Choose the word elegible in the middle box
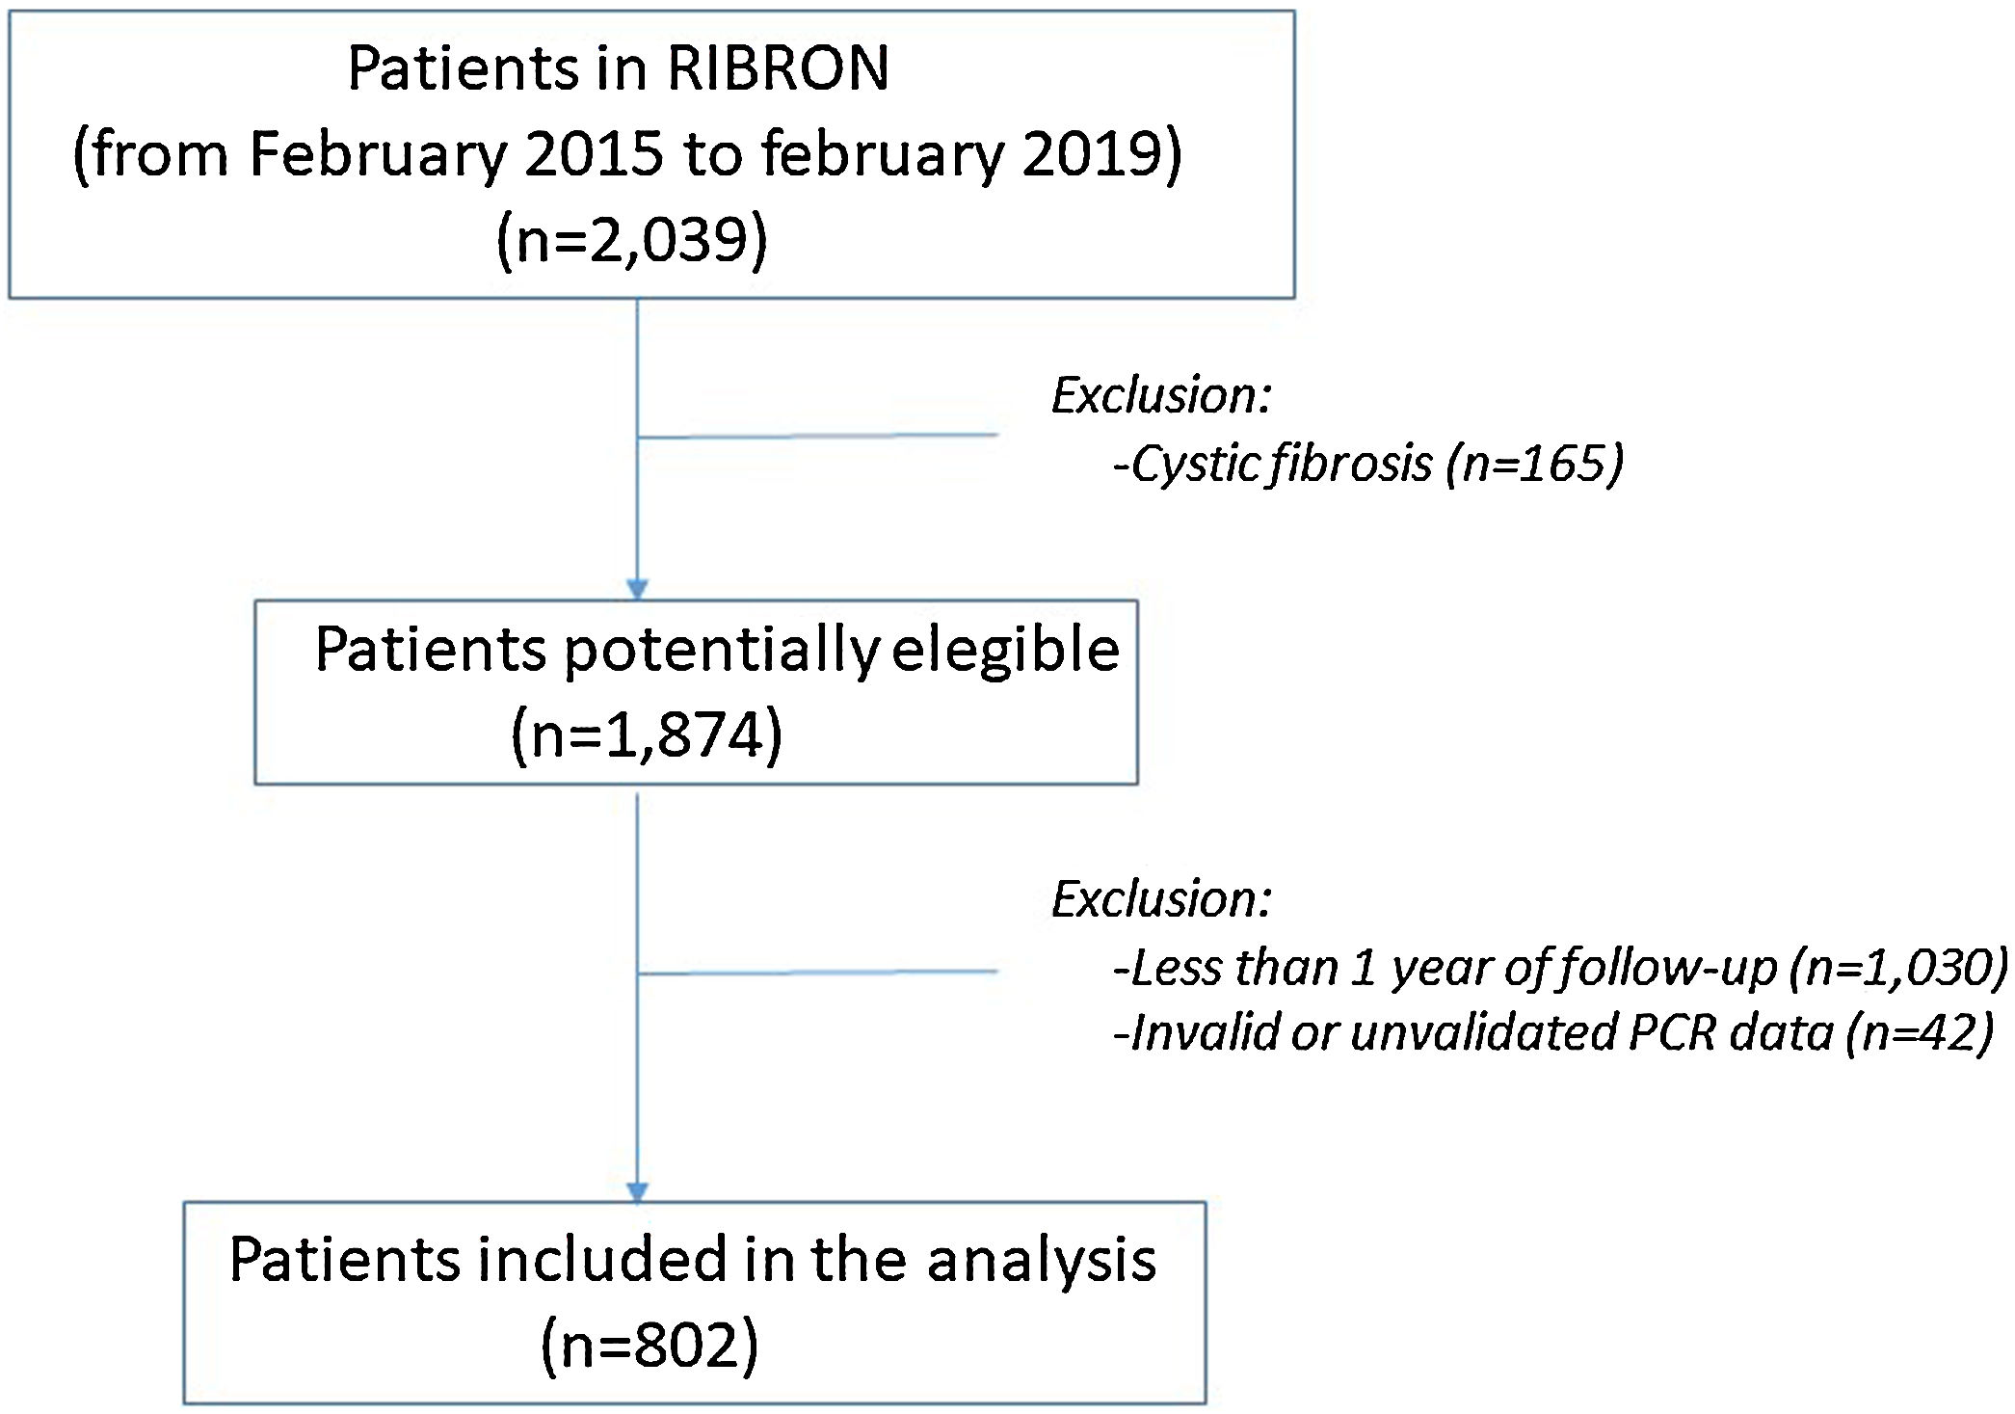pos(1005,650)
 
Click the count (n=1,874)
pos(647,735)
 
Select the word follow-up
pos(1667,968)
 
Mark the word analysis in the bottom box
pos(1041,1261)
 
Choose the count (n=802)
pos(650,1345)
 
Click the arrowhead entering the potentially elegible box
pos(637,589)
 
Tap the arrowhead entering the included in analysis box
pos(637,1191)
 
